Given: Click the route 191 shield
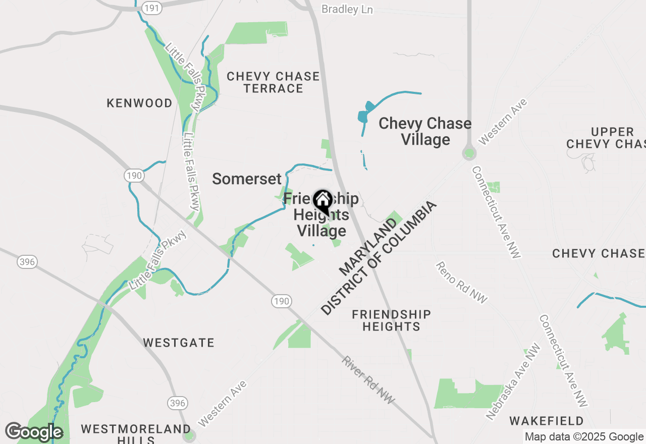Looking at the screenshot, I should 152,8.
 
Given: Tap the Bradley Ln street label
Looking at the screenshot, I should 347,10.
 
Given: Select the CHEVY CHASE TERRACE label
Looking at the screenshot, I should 273,82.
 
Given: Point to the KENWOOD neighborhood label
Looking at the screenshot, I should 140,103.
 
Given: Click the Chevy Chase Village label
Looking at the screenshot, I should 425,131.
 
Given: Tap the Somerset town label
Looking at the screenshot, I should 247,179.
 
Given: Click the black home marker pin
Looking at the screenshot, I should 322,202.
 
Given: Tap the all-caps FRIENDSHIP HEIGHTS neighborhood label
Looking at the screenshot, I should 392,320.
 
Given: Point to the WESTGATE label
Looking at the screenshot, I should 179,343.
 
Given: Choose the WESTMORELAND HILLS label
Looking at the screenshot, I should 136,433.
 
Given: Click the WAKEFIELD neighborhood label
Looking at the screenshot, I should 547,421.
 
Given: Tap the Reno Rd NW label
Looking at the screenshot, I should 462,283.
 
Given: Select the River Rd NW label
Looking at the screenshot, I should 368,380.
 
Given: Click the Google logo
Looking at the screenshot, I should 34,432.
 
